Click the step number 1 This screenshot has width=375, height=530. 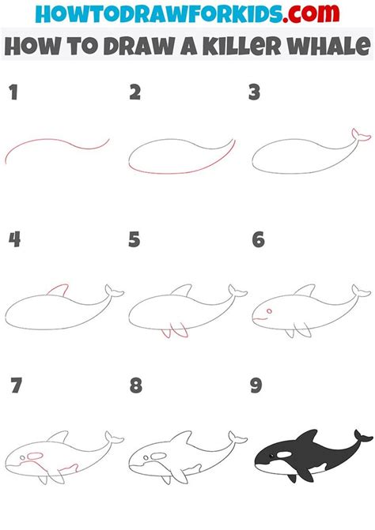click(13, 94)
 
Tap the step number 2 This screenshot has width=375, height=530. click(135, 94)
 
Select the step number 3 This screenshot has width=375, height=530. click(255, 94)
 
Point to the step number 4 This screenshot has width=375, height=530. click(14, 239)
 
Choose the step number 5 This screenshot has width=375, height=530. click(135, 239)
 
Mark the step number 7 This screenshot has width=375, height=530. click(14, 386)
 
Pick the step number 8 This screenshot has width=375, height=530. click(135, 386)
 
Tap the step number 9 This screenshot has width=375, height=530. click(256, 386)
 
